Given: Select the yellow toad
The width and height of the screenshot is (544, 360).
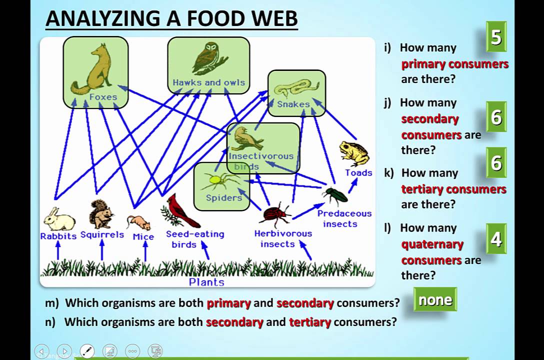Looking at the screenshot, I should pyautogui.click(x=354, y=153).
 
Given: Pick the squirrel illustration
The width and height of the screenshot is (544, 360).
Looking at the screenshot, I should pyautogui.click(x=101, y=214).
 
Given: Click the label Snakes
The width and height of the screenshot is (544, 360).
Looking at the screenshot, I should pyautogui.click(x=293, y=104).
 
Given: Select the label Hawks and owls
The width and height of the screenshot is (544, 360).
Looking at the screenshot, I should pyautogui.click(x=209, y=82).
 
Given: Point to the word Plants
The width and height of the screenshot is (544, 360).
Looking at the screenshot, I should pyautogui.click(x=206, y=282).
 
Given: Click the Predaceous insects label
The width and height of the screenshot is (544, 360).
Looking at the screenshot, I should pyautogui.click(x=344, y=218).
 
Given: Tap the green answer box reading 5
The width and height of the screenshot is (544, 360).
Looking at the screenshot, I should pyautogui.click(x=496, y=37).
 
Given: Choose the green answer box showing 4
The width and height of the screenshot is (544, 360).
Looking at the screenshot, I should pyautogui.click(x=496, y=239).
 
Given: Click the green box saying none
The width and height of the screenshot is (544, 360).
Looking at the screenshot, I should pyautogui.click(x=435, y=300).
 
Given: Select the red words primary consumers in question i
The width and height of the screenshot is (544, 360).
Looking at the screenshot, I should pyautogui.click(x=454, y=64).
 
